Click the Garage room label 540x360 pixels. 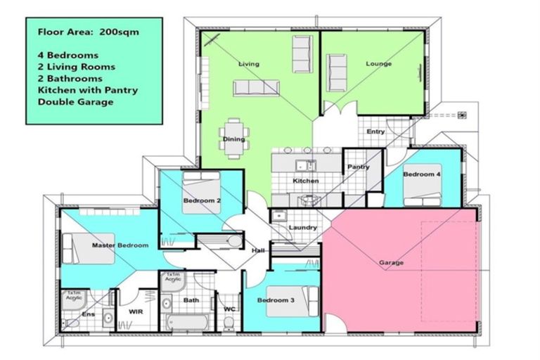(x=391, y=263)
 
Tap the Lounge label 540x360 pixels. (x=378, y=64)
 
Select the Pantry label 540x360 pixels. (x=359, y=167)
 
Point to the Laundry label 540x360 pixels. (x=303, y=228)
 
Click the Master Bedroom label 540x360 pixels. (x=120, y=245)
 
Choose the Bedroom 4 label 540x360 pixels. (x=422, y=174)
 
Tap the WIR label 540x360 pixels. (x=136, y=311)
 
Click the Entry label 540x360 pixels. (x=375, y=131)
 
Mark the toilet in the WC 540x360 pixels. (x=228, y=323)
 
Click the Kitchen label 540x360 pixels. (x=306, y=181)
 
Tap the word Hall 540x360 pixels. (x=259, y=250)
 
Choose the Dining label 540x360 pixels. (x=233, y=139)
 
